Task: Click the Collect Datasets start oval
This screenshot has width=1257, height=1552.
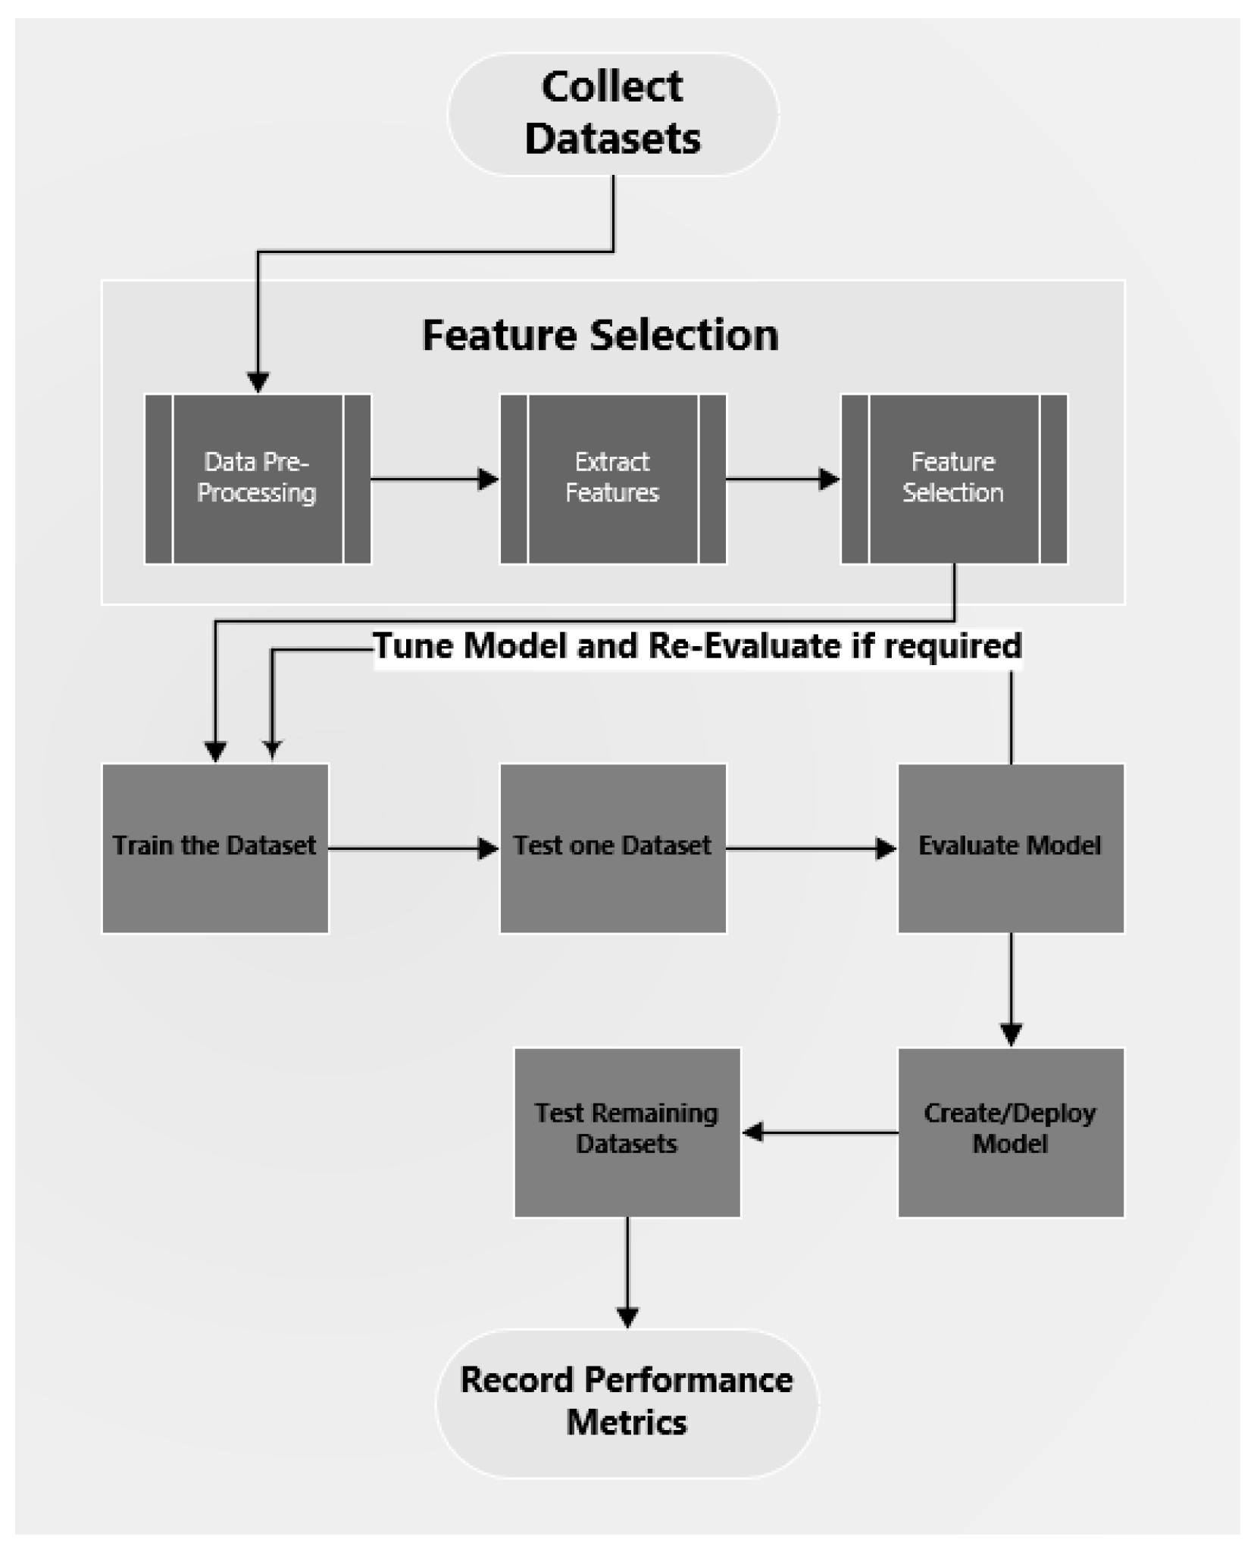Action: click(x=612, y=114)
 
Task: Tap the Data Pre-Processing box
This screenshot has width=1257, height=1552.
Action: click(x=258, y=479)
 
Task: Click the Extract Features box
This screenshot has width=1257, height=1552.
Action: click(x=612, y=479)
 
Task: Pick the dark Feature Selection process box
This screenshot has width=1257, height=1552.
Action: click(x=953, y=479)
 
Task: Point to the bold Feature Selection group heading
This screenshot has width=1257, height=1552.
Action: click(x=600, y=335)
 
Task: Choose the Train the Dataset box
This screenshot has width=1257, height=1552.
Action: click(x=215, y=848)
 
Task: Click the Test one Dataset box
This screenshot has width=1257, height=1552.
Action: click(x=612, y=848)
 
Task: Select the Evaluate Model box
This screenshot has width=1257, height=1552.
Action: click(x=1010, y=848)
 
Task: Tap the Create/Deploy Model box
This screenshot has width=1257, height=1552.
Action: click(x=1010, y=1132)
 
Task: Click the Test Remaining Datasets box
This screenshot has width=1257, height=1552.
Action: click(x=627, y=1132)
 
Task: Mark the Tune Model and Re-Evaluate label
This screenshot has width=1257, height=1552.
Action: click(x=697, y=646)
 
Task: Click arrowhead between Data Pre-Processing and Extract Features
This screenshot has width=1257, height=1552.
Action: click(x=488, y=479)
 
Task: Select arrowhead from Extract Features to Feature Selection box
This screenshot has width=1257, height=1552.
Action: click(x=830, y=479)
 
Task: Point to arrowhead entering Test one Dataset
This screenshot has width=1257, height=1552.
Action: click(x=488, y=848)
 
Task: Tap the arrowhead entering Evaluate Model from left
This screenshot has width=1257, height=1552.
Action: click(x=886, y=848)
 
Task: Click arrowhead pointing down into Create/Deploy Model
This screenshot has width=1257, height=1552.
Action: click(x=1011, y=1034)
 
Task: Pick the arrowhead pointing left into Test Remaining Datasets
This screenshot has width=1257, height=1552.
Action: click(x=753, y=1132)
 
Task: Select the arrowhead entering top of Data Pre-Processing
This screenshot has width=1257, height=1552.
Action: click(x=258, y=382)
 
